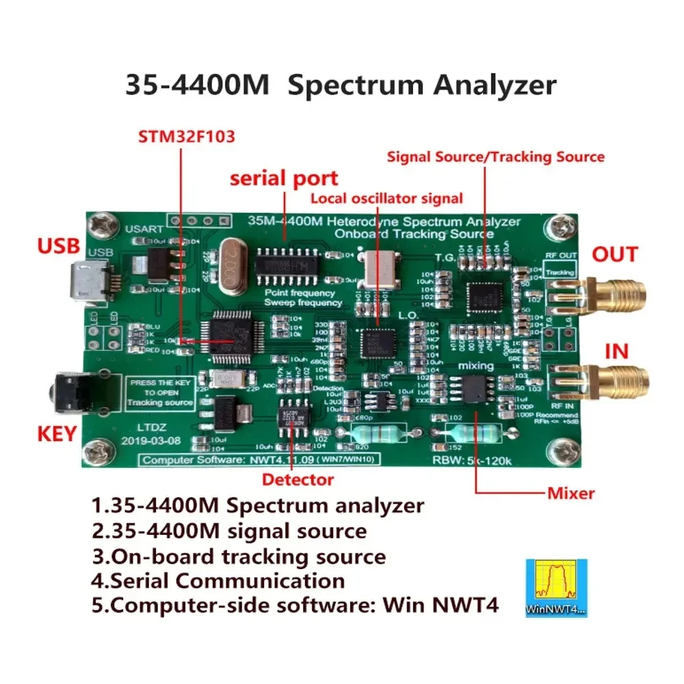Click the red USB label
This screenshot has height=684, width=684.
pos(58,245)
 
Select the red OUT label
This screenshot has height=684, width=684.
pos(614,254)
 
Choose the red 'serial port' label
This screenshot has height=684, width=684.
pos(284,179)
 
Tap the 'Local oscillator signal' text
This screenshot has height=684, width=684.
pos(386,198)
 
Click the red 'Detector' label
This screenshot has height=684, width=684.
pos(298,479)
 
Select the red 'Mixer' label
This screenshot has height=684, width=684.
pos(570,492)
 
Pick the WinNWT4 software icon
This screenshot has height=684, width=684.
pos(555,587)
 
